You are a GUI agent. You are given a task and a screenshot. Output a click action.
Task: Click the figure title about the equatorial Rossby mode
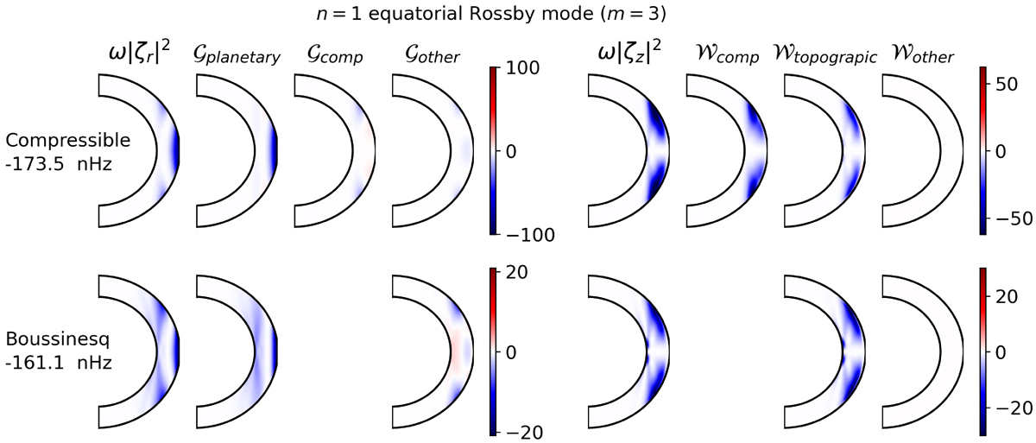point(491,14)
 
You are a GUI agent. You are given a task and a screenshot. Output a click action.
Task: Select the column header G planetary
point(237,55)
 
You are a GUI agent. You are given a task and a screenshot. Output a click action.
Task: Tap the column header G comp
point(335,55)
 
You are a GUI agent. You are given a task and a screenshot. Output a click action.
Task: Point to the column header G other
point(433,55)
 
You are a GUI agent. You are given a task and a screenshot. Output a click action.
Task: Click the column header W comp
point(727,55)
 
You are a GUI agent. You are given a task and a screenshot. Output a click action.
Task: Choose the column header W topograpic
point(825,55)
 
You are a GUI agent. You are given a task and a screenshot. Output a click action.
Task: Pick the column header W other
point(923,55)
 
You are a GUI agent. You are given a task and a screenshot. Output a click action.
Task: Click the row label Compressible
point(68,140)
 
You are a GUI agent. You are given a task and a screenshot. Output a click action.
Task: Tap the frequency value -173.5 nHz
point(59,164)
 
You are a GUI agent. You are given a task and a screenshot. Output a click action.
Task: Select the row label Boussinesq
point(58,339)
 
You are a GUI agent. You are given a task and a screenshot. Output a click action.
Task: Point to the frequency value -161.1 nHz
point(59,363)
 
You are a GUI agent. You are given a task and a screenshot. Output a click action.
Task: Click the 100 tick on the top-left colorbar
point(521,68)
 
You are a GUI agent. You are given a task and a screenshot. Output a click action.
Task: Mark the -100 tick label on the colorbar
point(529,235)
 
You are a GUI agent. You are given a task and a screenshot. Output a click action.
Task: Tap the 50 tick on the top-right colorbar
point(1006,84)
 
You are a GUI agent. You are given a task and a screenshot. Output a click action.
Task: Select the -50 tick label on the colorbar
point(1013,218)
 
